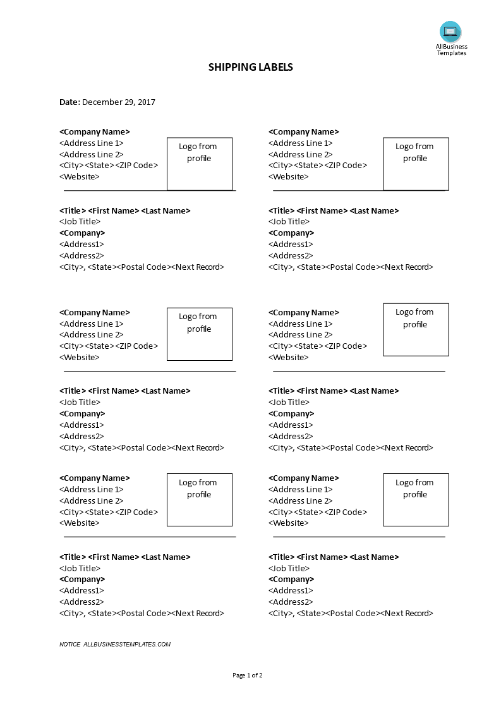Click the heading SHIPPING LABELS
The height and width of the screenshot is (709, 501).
click(x=250, y=67)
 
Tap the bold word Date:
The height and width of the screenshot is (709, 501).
click(x=69, y=102)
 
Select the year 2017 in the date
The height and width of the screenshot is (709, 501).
click(x=146, y=102)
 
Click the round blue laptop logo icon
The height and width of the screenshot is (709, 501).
click(x=450, y=32)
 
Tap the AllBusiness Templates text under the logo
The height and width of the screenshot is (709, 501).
click(x=451, y=49)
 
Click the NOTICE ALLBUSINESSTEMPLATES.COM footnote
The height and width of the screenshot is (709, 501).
click(x=115, y=645)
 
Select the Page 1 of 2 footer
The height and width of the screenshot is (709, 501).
click(x=248, y=675)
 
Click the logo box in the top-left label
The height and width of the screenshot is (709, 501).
click(x=200, y=164)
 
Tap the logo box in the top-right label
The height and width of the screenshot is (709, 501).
click(x=416, y=164)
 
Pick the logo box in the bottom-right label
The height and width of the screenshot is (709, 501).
click(x=416, y=500)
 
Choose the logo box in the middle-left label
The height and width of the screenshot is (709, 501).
click(x=200, y=334)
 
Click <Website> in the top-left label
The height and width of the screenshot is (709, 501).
click(x=80, y=177)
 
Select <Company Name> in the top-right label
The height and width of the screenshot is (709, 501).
click(x=304, y=132)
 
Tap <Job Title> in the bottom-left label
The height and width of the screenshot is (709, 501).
click(x=80, y=568)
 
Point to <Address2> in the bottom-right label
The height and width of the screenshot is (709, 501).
click(x=291, y=602)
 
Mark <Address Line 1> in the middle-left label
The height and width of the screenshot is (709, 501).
click(x=92, y=324)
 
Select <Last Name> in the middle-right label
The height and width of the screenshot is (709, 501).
click(x=374, y=391)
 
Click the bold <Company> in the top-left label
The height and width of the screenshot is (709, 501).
click(x=82, y=233)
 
